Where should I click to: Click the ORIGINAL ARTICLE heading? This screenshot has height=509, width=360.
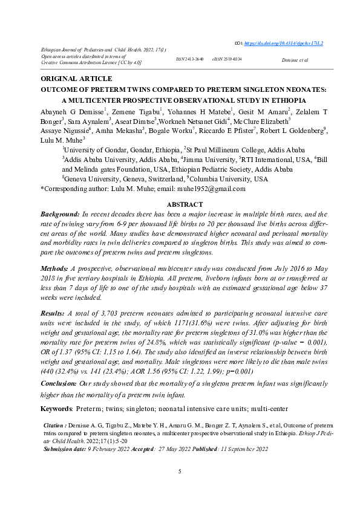click(x=76, y=79)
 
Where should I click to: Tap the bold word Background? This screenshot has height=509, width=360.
click(x=60, y=215)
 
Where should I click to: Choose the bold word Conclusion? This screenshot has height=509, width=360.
click(x=58, y=383)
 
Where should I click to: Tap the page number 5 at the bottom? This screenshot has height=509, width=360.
click(x=180, y=471)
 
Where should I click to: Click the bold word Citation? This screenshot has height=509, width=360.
click(x=57, y=426)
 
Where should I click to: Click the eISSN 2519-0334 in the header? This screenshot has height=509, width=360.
click(x=227, y=59)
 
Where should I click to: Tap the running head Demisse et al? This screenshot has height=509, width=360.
click(x=295, y=60)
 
